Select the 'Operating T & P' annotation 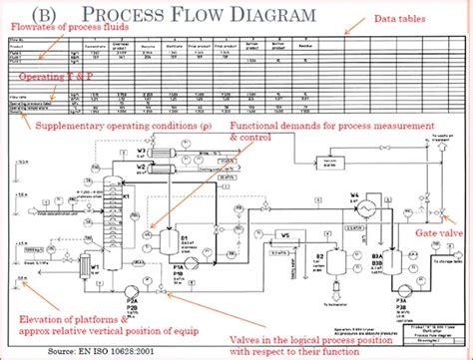49,76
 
